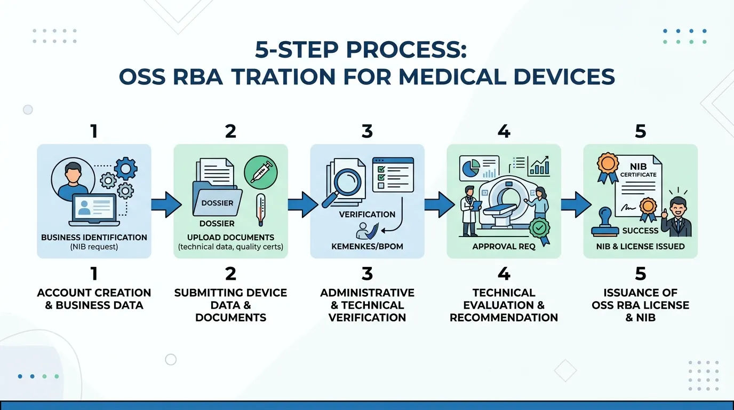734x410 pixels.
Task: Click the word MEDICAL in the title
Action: coord(453,77)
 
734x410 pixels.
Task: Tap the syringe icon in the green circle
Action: coord(261,172)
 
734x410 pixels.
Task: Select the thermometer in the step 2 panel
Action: coord(261,210)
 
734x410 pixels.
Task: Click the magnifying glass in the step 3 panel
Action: coord(343,187)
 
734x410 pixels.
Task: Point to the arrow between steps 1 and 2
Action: coord(166,204)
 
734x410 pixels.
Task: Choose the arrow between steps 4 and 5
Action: coord(576,204)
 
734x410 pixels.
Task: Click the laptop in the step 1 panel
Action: coord(94,210)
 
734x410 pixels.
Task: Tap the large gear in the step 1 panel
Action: coord(125,169)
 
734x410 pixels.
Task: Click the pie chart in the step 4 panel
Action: coord(471,168)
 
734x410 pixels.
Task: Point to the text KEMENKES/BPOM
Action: coord(367,246)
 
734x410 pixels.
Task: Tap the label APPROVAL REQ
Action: coord(504,246)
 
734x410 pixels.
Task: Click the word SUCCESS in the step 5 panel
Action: coord(640,231)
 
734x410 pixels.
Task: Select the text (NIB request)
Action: coord(94,247)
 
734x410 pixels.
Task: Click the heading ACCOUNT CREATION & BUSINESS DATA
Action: coord(94,299)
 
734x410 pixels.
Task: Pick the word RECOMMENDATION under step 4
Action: coord(504,318)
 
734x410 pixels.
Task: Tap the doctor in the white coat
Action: coord(469,211)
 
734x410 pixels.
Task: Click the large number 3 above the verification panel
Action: coord(367,131)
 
